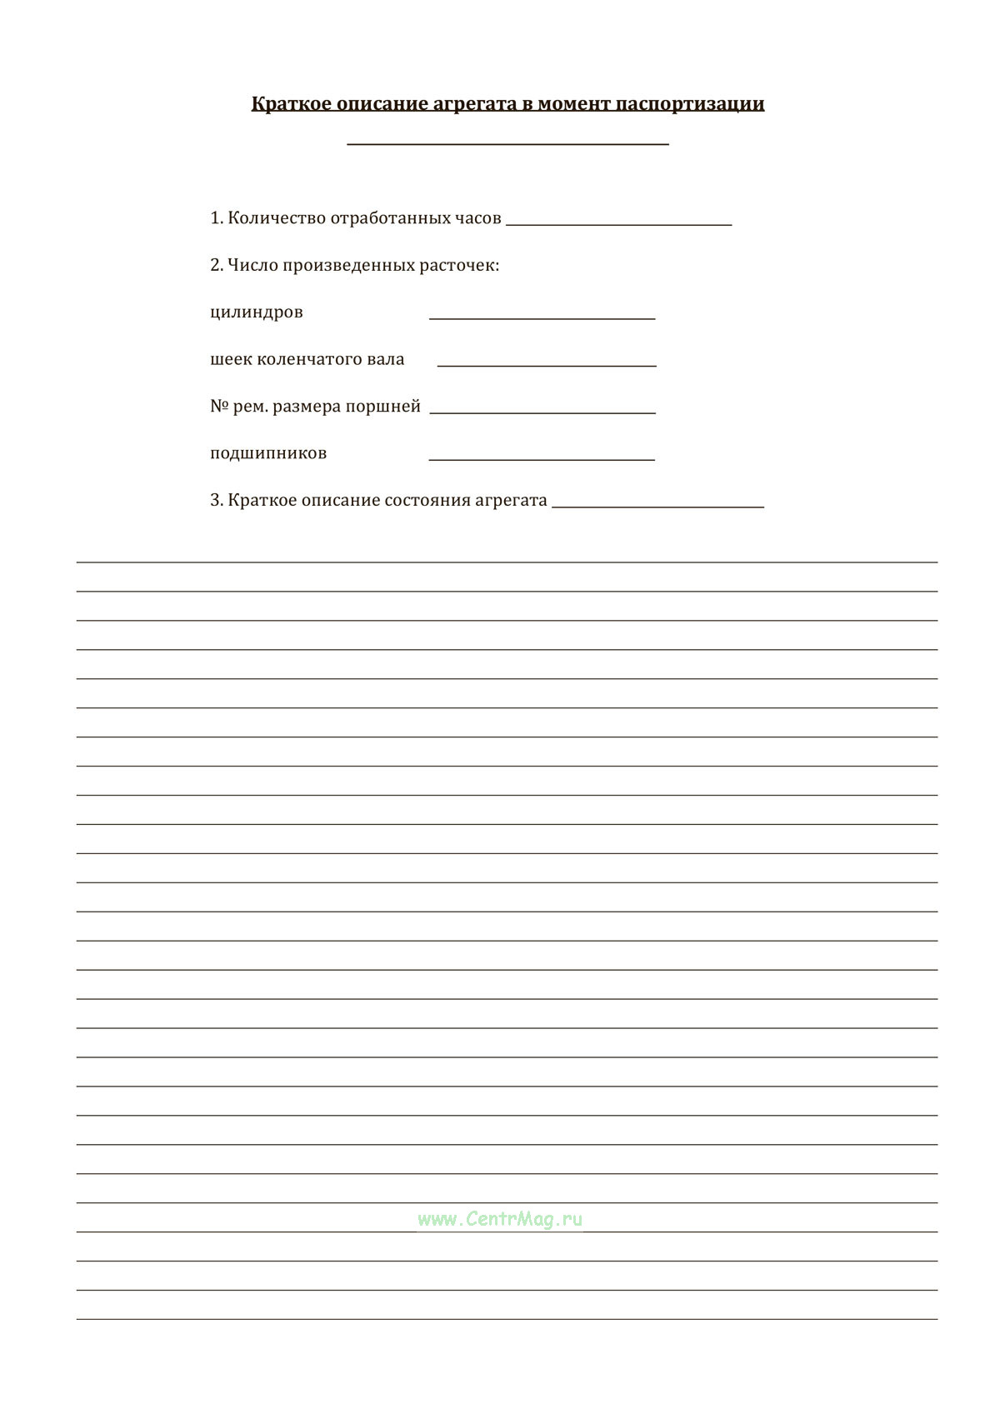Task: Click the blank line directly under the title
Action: pyautogui.click(x=507, y=144)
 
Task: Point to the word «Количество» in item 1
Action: pyautogui.click(x=276, y=218)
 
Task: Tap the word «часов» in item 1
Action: pyautogui.click(x=477, y=218)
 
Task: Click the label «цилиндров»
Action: pyautogui.click(x=257, y=312)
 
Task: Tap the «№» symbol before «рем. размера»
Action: pyautogui.click(x=219, y=407)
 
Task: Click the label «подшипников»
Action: pyautogui.click(x=268, y=454)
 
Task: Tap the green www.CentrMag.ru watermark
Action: pyautogui.click(x=500, y=1220)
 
